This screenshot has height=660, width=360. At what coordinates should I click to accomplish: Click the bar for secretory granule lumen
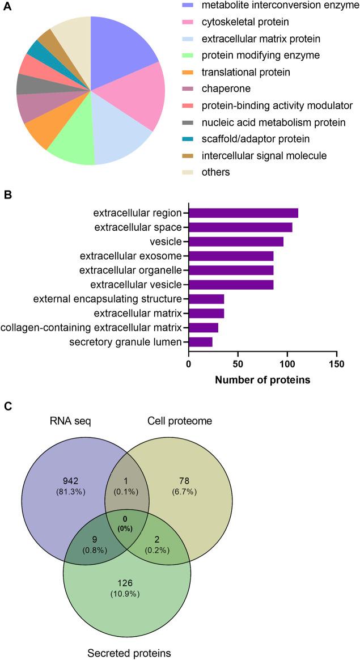point(201,342)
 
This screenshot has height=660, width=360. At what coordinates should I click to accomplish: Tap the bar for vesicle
point(236,242)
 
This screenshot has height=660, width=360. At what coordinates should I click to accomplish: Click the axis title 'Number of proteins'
point(262,380)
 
